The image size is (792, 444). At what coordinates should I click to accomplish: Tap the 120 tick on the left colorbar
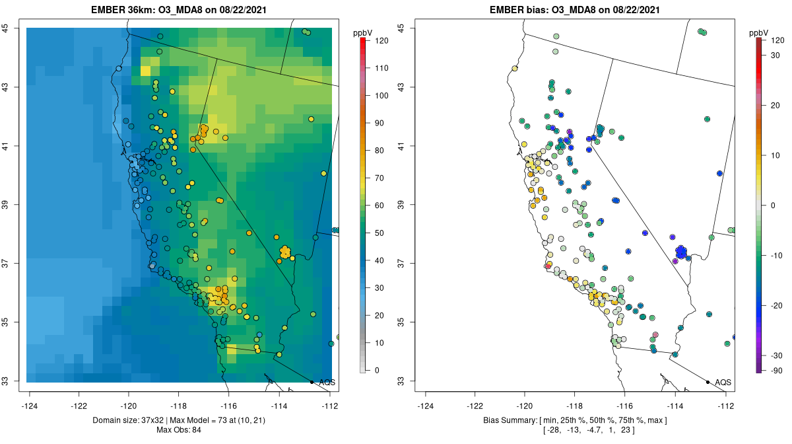coord(381,40)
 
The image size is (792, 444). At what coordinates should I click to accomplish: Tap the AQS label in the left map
coord(327,382)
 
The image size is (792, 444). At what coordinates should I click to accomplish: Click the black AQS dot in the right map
coord(708,382)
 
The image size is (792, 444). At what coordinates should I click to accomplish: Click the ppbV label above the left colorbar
coord(363,32)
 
